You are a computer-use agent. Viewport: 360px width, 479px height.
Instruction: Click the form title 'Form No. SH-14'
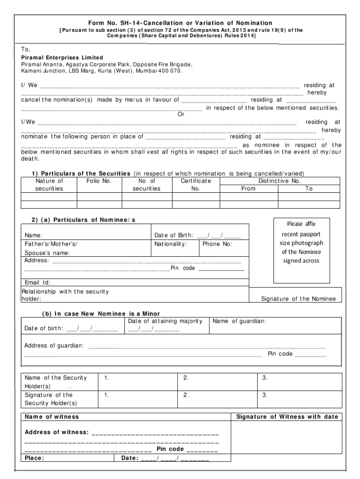[x=180, y=23]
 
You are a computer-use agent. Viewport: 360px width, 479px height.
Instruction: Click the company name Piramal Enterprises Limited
[x=62, y=58]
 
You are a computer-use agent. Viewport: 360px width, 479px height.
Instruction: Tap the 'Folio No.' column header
[x=99, y=181]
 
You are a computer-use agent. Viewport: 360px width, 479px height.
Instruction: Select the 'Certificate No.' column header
[x=195, y=184]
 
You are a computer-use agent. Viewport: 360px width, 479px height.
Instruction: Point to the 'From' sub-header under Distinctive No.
[x=248, y=189]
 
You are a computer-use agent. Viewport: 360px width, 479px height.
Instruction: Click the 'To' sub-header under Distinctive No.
[x=309, y=189]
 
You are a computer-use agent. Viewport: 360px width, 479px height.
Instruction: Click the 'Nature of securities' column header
[x=49, y=184]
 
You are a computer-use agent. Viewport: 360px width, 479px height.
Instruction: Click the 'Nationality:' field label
[x=171, y=244]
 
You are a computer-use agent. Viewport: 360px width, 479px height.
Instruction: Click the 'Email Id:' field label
[x=37, y=282]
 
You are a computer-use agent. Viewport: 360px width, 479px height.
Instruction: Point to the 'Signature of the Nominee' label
[x=298, y=298]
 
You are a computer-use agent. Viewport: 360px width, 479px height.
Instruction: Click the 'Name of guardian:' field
[x=239, y=321]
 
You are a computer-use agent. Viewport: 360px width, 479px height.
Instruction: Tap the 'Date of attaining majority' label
[x=165, y=321]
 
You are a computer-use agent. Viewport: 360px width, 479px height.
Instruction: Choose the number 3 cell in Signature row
[x=265, y=395]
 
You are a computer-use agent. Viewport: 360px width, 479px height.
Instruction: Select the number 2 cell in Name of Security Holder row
[x=186, y=377]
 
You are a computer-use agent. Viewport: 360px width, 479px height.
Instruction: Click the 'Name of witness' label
[x=51, y=416]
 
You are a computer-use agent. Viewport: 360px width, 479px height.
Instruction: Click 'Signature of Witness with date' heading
[x=287, y=416]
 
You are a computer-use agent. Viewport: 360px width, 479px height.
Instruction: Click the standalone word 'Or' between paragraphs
[x=181, y=114]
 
